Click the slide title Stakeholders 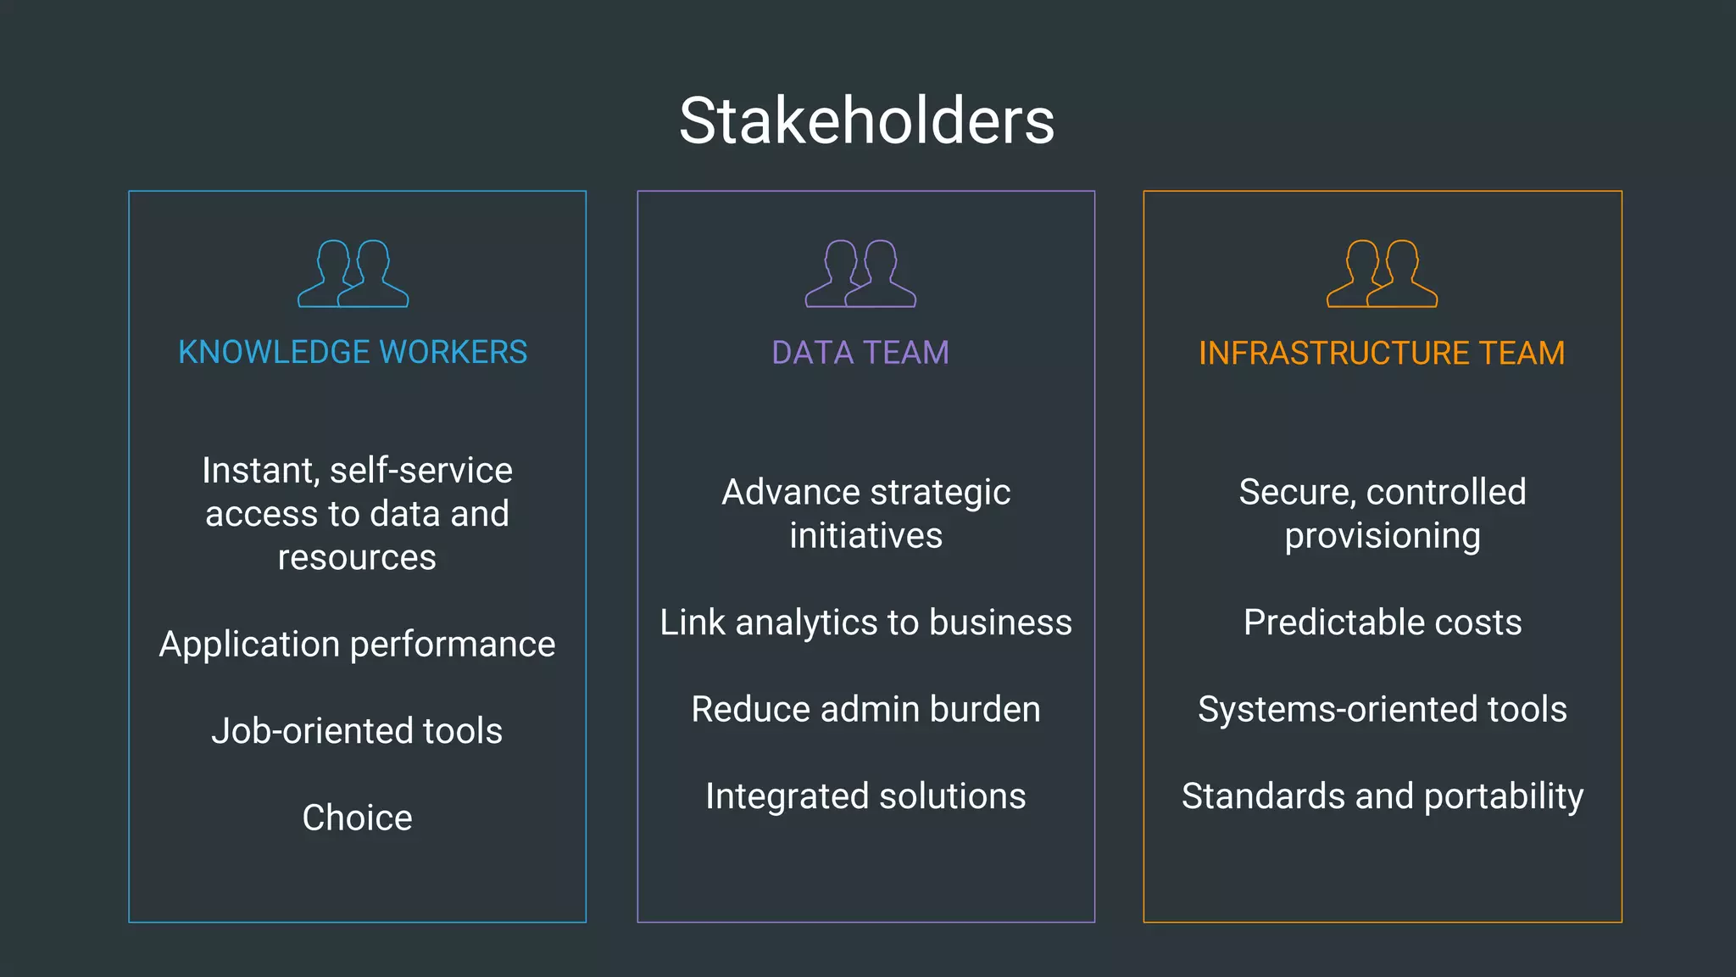pos(866,121)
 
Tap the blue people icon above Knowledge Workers pos(353,274)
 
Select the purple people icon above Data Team pos(860,274)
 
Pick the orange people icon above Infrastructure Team pos(1382,274)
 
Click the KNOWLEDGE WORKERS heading pos(353,352)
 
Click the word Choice pos(357,818)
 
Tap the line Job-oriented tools pos(357,731)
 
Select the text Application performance pos(357,645)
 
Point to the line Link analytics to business pos(865,622)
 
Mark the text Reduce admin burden pos(865,709)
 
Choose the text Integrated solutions pos(865,796)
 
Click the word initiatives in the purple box pos(865,536)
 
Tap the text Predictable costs pos(1383,622)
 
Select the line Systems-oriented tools pos(1383,709)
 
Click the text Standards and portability pos(1383,796)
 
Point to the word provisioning pos(1383,536)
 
